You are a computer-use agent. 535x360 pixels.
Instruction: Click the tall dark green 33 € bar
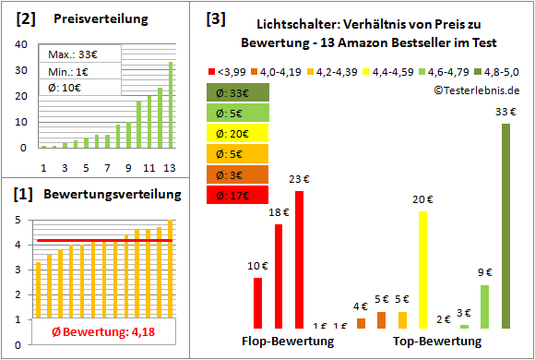click(x=505, y=225)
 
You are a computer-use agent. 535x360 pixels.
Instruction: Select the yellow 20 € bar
click(x=423, y=270)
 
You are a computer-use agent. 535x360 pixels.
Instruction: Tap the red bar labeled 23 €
click(x=299, y=259)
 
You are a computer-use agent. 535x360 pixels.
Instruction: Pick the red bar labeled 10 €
click(x=257, y=303)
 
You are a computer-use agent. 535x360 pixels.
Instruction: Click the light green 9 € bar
click(x=484, y=306)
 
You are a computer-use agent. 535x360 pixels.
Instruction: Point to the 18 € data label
click(x=278, y=213)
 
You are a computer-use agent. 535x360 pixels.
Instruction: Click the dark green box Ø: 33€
click(x=238, y=92)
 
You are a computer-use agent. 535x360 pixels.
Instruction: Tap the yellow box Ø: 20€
click(x=238, y=133)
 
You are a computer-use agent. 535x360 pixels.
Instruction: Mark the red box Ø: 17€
click(x=238, y=194)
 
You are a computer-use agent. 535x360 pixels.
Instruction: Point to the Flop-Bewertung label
click(x=288, y=341)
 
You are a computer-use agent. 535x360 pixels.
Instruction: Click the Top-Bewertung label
click(x=437, y=341)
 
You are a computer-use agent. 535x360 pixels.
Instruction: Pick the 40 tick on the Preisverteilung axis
click(x=25, y=42)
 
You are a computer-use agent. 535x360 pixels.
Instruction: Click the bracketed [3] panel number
click(x=216, y=18)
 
